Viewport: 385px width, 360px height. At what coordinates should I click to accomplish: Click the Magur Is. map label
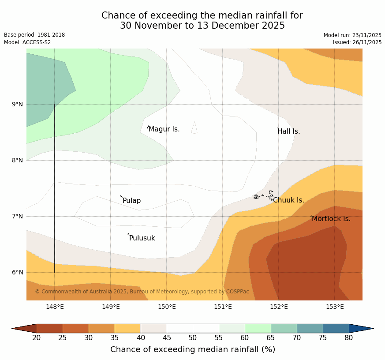[164, 129]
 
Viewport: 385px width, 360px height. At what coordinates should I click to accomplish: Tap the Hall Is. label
[289, 131]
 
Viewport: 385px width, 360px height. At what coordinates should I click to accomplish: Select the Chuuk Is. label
[288, 200]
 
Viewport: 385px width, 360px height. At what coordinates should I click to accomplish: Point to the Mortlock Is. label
[331, 219]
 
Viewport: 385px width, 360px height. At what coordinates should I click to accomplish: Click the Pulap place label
[131, 201]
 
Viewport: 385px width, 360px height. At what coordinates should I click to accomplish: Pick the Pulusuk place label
[142, 238]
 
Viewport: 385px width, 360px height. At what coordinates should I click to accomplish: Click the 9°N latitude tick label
[18, 105]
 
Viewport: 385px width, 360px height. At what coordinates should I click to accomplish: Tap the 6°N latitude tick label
[18, 272]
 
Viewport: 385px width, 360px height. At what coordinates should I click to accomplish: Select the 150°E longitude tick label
[167, 307]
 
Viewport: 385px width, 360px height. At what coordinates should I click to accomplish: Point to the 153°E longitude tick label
[335, 307]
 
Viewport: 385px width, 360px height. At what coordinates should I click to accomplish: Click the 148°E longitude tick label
[55, 307]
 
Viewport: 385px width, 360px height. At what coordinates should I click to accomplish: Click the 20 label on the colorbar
[37, 338]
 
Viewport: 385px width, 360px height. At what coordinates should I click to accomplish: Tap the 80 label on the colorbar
[349, 338]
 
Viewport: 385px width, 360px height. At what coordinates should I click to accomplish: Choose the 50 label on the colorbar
[193, 338]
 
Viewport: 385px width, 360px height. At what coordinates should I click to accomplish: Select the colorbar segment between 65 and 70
[284, 328]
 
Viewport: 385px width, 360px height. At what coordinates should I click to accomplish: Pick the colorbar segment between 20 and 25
[49, 328]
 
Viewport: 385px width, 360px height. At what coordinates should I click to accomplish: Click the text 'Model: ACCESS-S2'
[27, 42]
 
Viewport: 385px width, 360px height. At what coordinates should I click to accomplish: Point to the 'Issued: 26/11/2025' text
[357, 42]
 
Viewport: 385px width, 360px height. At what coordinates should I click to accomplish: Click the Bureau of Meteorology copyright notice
[142, 292]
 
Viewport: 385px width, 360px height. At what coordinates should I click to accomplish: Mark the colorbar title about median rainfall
[193, 349]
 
